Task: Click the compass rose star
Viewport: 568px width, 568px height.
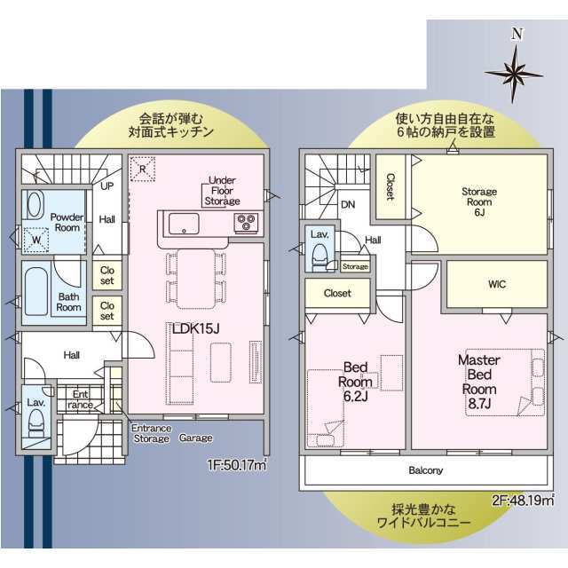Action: coord(514,75)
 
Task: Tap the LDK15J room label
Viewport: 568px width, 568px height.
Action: coord(195,328)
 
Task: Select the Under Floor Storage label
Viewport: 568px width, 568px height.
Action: coord(222,191)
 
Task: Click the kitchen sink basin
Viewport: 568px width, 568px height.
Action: coord(184,224)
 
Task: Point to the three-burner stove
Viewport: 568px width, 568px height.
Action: coord(247,222)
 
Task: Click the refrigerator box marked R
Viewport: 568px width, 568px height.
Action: coord(142,170)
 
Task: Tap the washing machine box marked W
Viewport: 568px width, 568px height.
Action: coord(36,241)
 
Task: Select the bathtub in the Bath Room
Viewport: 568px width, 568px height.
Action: coord(36,292)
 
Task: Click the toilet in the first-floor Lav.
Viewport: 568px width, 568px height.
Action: coord(36,424)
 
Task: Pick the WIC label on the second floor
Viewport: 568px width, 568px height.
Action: coord(497,284)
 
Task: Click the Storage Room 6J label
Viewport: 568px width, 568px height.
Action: coord(479,201)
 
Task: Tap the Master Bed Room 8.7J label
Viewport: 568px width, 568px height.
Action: coord(479,382)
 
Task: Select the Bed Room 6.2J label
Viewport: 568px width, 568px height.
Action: coord(355,382)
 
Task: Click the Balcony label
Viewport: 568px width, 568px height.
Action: coord(426,470)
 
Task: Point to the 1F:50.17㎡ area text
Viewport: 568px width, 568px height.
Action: coord(237,465)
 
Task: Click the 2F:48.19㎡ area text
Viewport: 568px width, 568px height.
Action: coord(523,501)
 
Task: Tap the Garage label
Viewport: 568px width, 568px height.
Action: coord(196,438)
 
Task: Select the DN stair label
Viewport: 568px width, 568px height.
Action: coord(348,205)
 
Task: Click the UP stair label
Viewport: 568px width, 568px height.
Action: coord(106,186)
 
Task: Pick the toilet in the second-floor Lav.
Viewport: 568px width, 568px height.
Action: coord(319,256)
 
